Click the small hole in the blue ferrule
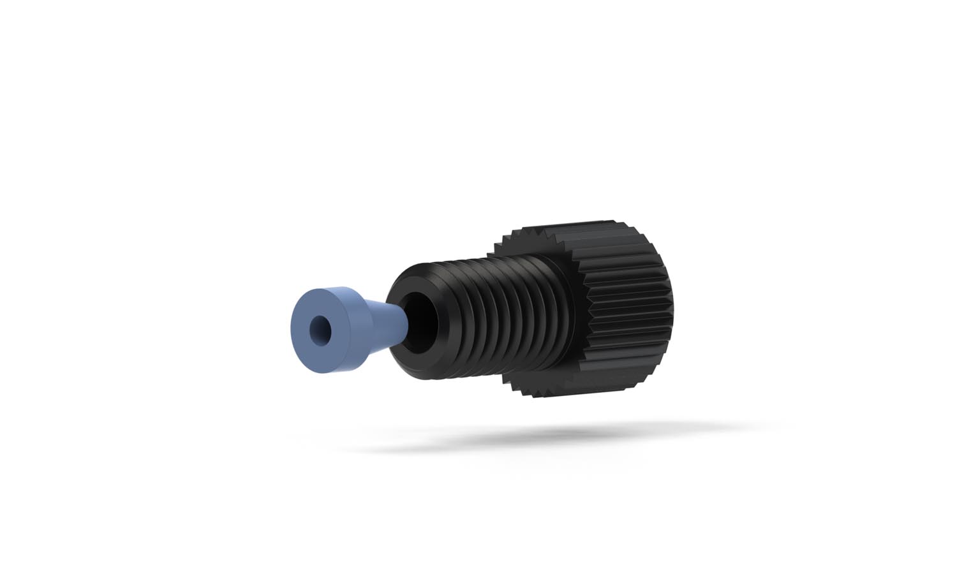click(x=317, y=329)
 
